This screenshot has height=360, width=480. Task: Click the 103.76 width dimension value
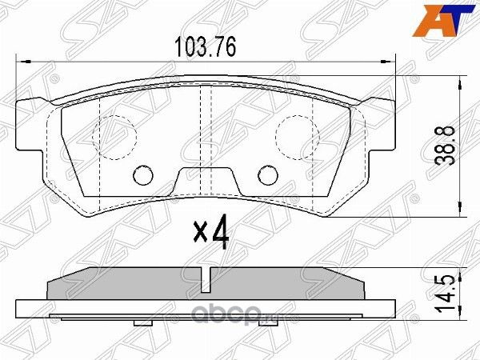[206, 46]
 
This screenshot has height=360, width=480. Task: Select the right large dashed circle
[297, 134]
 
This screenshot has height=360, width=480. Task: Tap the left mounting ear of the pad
[30, 120]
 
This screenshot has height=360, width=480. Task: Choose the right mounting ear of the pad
[382, 120]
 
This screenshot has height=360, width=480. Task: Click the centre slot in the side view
[206, 279]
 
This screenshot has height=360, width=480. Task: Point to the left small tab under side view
[144, 321]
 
